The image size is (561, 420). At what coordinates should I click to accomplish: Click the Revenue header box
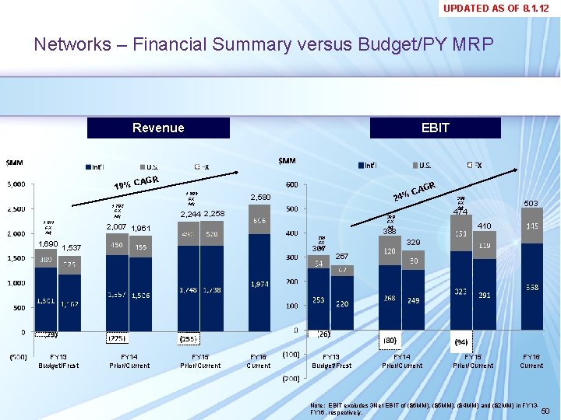pos(158,128)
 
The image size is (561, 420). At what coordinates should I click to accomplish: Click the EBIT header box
pos(435,128)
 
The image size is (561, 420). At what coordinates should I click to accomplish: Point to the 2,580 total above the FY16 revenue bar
pos(259,198)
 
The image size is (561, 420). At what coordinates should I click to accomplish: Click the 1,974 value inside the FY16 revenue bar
pos(260,285)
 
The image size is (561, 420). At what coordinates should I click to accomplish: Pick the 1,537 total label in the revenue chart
pos(72,248)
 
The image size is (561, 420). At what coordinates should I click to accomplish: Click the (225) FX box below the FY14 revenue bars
pos(118,338)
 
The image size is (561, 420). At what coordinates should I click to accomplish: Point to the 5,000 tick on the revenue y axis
pos(16,184)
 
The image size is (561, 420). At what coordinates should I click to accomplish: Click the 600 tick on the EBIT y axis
pos(290,184)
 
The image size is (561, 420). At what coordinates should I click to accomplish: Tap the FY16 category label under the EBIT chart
pos(531,356)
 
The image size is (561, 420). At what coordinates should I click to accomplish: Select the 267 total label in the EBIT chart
pos(341,257)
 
